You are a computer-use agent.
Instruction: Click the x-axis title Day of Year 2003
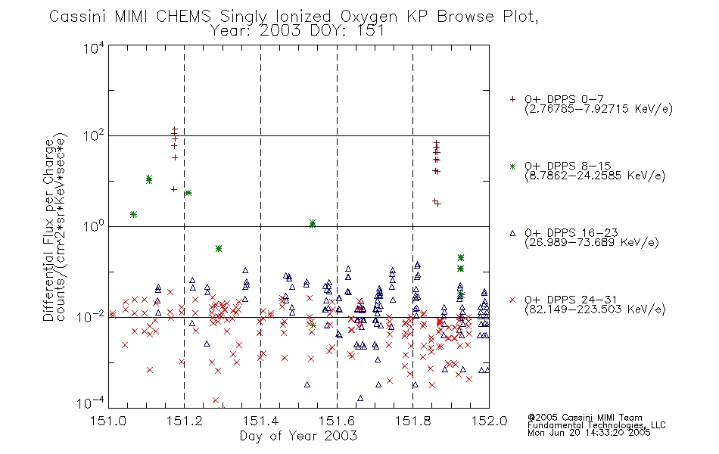point(298,437)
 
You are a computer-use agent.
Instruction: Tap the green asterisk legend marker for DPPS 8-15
point(512,166)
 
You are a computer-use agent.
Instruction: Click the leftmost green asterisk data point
point(134,214)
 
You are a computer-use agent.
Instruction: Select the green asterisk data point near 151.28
point(219,248)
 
